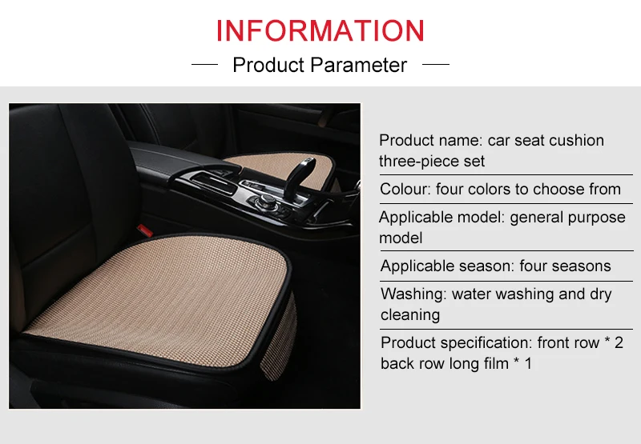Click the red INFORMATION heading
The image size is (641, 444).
pos(320,30)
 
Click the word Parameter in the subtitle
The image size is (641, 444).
pos(358,65)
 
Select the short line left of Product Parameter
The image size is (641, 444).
pos(205,64)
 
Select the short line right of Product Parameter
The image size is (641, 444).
pos(436,64)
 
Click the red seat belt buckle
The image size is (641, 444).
pos(145,230)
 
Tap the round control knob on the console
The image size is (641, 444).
pos(263,200)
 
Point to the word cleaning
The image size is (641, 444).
pos(410,315)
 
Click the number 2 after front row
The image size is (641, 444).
pos(619,343)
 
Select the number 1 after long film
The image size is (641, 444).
pos(528,364)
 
